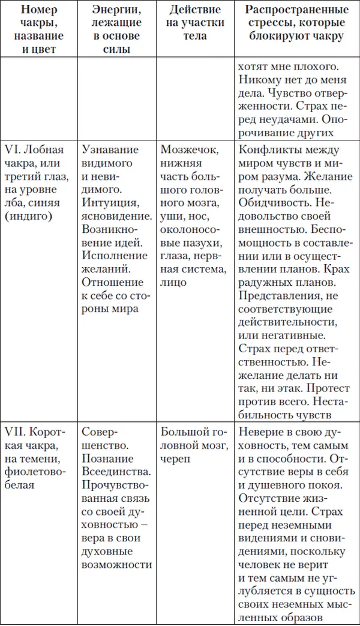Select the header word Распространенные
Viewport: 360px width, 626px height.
pyautogui.click(x=296, y=11)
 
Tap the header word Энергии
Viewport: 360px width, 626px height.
pyautogui.click(x=116, y=11)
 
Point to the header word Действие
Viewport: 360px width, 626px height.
pyautogui.click(x=194, y=11)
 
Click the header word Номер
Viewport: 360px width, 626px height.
pyautogui.click(x=39, y=11)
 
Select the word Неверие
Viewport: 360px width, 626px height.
pyautogui.click(x=259, y=432)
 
